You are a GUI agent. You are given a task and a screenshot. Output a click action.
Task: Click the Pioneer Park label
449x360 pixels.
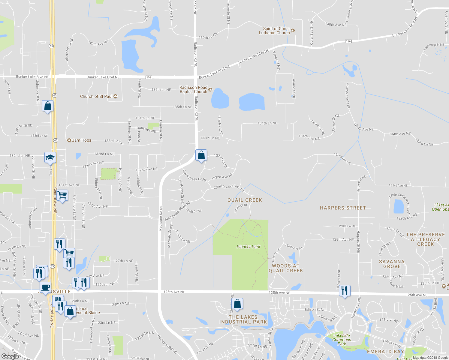pos(248,247)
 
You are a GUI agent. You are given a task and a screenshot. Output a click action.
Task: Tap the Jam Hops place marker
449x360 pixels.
pos(69,140)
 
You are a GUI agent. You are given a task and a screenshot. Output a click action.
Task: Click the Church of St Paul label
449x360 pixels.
pos(96,96)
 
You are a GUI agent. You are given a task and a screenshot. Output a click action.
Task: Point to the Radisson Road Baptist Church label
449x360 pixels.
pos(194,89)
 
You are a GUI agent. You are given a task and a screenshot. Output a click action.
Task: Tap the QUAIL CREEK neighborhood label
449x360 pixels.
pos(245,200)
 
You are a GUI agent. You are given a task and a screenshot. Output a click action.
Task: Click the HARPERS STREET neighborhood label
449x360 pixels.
pos(343,208)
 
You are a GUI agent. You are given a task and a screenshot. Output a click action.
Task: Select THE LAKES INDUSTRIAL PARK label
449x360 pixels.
pos(243,319)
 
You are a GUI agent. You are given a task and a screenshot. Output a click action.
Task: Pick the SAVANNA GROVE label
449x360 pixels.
pos(392,264)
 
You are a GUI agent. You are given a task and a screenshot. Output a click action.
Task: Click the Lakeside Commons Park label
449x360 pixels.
pos(342,340)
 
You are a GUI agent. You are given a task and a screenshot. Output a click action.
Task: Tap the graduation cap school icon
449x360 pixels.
pos(50,157)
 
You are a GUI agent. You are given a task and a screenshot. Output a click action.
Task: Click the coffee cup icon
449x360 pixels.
pos(45,287)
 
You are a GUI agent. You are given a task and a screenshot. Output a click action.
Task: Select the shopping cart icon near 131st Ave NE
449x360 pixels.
pos(62,195)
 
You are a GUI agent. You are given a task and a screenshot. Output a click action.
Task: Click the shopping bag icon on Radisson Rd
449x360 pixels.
pos(201,155)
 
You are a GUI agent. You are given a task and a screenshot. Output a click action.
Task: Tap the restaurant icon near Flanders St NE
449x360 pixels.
pos(345,290)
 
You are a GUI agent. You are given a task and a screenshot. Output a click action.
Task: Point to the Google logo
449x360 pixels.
pos(10,356)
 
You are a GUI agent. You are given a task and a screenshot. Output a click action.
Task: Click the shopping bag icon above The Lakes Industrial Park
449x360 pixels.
pos(237,304)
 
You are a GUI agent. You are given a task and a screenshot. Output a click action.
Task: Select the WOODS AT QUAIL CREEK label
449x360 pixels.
pos(286,268)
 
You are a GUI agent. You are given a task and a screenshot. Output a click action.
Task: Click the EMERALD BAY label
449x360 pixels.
pos(385,352)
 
